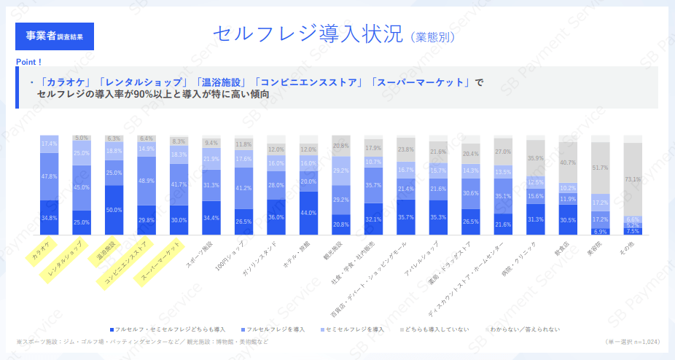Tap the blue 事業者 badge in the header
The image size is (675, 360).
click(x=55, y=36)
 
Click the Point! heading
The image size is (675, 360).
click(x=28, y=62)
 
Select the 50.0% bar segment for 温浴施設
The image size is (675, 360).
click(x=114, y=209)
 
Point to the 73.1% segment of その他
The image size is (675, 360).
click(x=632, y=179)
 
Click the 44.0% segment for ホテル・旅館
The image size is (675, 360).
click(x=308, y=213)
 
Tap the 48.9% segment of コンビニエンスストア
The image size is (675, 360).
click(x=147, y=181)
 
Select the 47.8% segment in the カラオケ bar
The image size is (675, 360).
click(x=50, y=176)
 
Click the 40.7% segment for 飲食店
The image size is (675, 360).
click(x=568, y=162)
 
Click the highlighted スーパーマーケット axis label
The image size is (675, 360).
click(x=160, y=262)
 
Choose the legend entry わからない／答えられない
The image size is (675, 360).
click(x=522, y=329)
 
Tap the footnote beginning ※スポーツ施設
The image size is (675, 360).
click(x=142, y=342)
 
